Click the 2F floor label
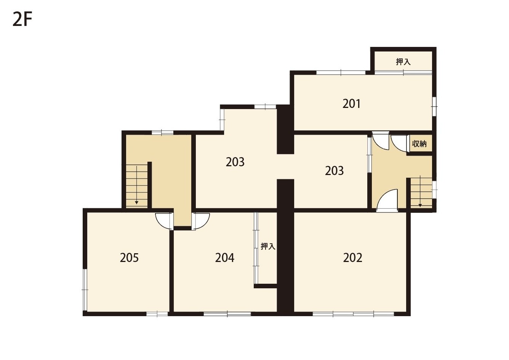[22, 19]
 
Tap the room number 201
[351, 104]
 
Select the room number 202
[353, 258]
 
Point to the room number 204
[224, 258]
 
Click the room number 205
[129, 258]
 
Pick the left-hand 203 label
[235, 162]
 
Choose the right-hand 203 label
[334, 171]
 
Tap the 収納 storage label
[419, 144]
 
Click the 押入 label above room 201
[403, 62]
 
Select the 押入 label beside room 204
[268, 246]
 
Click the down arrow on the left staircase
[136, 185]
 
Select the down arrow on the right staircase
[420, 191]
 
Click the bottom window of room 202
[353, 314]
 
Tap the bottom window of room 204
[227, 314]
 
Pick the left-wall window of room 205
[85, 290]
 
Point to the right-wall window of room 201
[434, 106]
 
